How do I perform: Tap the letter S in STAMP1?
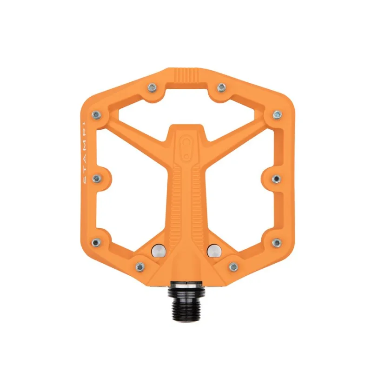85,182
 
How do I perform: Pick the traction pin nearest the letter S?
96,178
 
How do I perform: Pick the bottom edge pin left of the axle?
139,266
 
